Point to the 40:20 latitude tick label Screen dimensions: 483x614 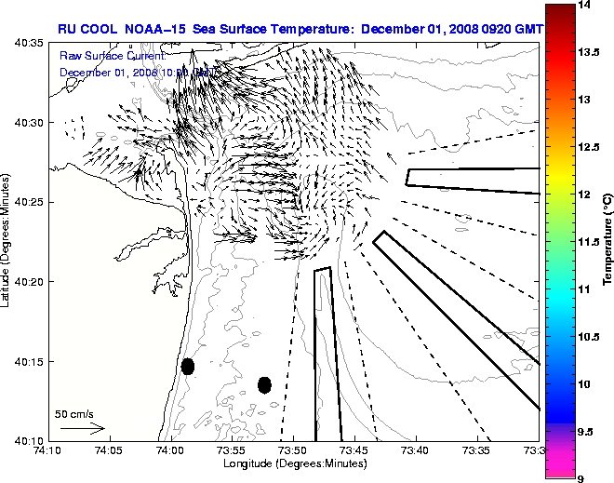pyautogui.click(x=30, y=281)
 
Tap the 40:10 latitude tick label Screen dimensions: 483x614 pyautogui.click(x=30, y=440)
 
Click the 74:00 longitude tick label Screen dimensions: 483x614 pyautogui.click(x=170, y=451)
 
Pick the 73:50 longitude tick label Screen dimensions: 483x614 pyautogui.click(x=293, y=451)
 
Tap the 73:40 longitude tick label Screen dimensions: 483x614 pyautogui.click(x=416, y=451)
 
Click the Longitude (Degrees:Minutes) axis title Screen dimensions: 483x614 pyautogui.click(x=293, y=463)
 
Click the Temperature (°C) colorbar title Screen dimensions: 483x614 pyautogui.click(x=606, y=242)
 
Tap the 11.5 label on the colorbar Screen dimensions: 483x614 pyautogui.click(x=587, y=242)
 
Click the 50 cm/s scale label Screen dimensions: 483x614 pyautogui.click(x=74, y=413)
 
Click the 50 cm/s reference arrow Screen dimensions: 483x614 pyautogui.click(x=82, y=429)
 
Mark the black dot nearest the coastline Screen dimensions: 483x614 pyautogui.click(x=188, y=366)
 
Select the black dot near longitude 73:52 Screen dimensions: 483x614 pyautogui.click(x=264, y=384)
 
